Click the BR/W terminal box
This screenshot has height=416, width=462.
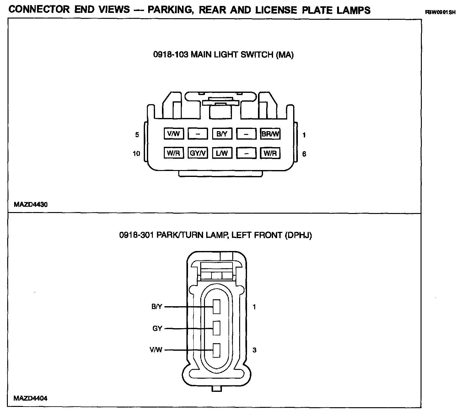pyautogui.click(x=270, y=134)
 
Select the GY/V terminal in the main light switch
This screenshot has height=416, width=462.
pyautogui.click(x=198, y=153)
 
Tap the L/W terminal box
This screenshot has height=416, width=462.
pyautogui.click(x=222, y=153)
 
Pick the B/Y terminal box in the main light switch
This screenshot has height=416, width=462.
pyautogui.click(x=222, y=134)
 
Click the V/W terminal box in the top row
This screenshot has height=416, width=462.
pyautogui.click(x=174, y=134)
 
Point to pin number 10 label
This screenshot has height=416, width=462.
pyautogui.click(x=136, y=153)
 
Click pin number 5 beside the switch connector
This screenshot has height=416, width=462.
pyautogui.click(x=137, y=135)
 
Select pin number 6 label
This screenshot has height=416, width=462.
pyautogui.click(x=304, y=154)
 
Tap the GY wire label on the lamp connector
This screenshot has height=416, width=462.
pyautogui.click(x=157, y=328)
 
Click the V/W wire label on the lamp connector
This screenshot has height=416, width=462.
pyautogui.click(x=156, y=350)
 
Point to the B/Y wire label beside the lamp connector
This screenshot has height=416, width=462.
pyautogui.click(x=157, y=307)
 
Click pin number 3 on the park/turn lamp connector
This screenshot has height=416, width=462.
pyautogui.click(x=255, y=350)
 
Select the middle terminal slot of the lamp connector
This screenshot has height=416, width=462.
pyautogui.click(x=217, y=328)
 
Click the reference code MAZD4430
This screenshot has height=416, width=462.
pyautogui.click(x=31, y=205)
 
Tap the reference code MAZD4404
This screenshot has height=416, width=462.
pyautogui.click(x=30, y=398)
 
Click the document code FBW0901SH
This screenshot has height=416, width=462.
pyautogui.click(x=440, y=13)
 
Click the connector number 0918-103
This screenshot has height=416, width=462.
pyautogui.click(x=171, y=55)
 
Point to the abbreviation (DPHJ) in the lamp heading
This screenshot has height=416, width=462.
pyautogui.click(x=298, y=235)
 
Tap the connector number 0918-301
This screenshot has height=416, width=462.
pyautogui.click(x=137, y=235)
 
